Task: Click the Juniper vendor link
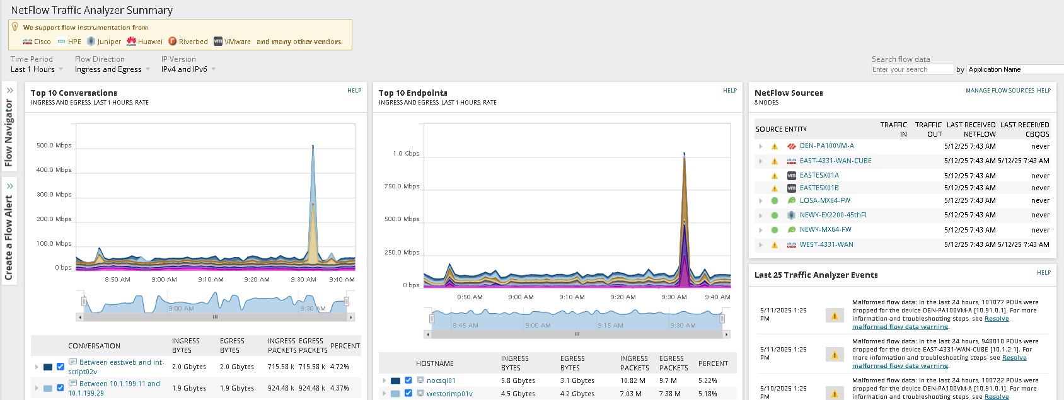pos(108,42)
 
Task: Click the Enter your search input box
pos(911,69)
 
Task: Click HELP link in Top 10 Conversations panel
pos(354,91)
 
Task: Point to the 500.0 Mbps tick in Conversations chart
pos(54,146)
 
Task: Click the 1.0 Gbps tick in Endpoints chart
pos(406,154)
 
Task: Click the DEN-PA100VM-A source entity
pos(826,146)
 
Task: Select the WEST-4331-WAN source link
pos(826,244)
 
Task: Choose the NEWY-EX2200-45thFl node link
pos(833,215)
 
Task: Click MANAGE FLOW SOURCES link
pos(1000,91)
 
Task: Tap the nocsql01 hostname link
pos(441,380)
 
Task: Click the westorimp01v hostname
pos(449,394)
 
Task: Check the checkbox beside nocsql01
pos(408,380)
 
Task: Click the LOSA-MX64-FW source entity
pos(824,200)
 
